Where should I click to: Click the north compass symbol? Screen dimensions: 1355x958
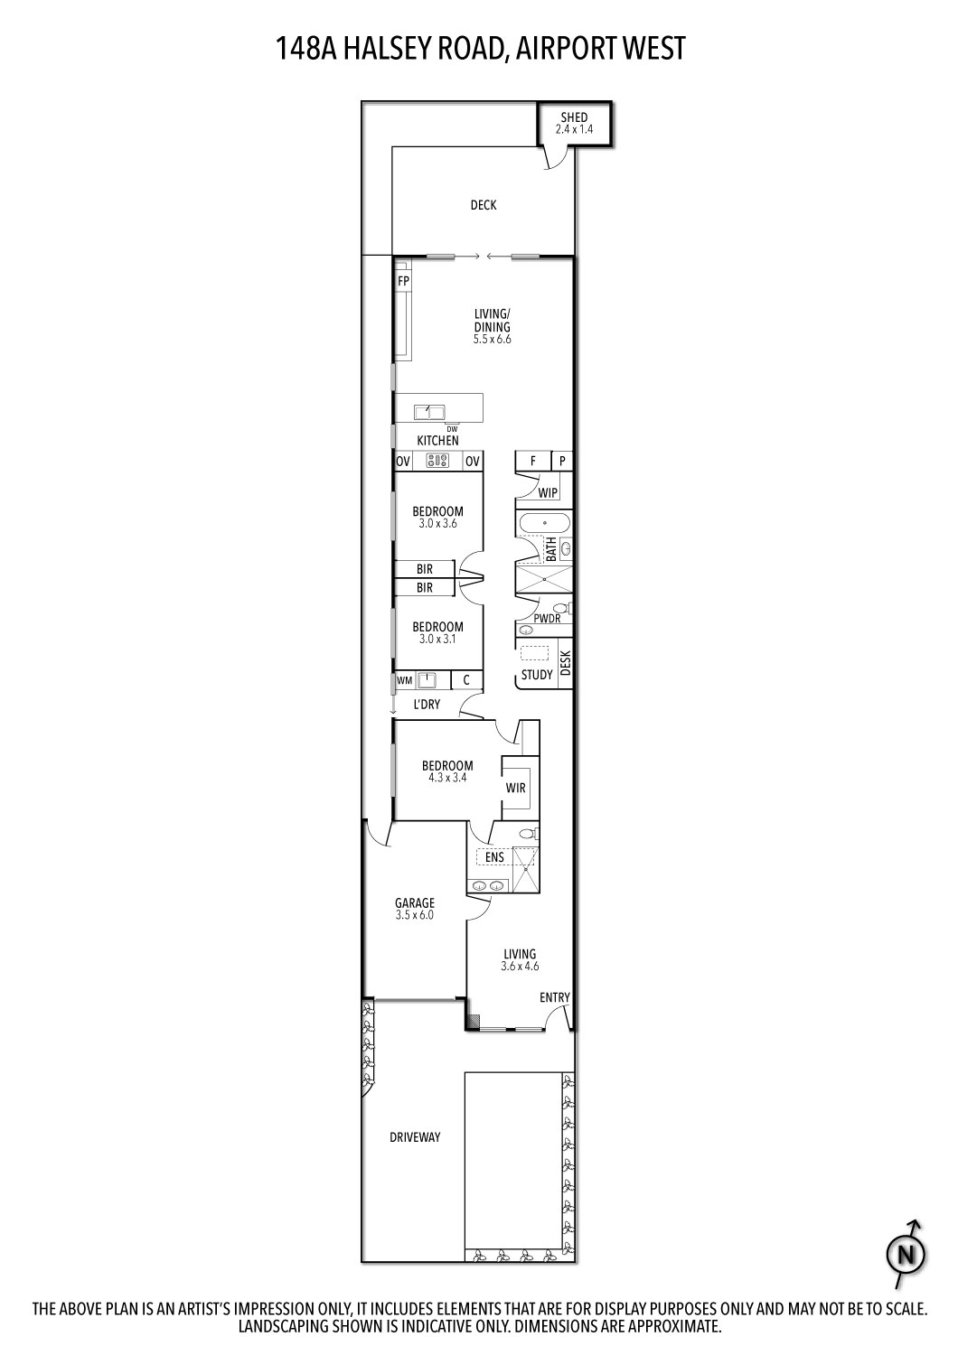(906, 1254)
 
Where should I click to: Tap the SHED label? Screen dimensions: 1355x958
(574, 117)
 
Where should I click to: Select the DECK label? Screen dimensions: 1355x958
(484, 205)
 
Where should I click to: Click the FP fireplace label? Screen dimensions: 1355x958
(403, 281)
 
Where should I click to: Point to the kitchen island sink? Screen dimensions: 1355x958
(428, 413)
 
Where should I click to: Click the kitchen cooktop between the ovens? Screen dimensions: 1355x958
(438, 462)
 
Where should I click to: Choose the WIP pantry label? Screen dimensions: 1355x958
(548, 493)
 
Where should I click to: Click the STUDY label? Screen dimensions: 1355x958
(537, 675)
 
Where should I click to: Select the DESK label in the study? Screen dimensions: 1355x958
(566, 664)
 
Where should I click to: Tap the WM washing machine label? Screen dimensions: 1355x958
(405, 679)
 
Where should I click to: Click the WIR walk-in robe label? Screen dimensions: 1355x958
(515, 788)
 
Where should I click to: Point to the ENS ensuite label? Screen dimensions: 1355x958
(494, 857)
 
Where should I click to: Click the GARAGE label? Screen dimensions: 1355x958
(415, 902)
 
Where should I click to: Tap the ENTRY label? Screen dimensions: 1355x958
(555, 997)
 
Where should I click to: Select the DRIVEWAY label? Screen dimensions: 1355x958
(415, 1137)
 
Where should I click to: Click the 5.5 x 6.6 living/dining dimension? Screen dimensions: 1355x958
(493, 340)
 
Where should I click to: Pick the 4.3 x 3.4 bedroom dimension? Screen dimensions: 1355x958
(447, 777)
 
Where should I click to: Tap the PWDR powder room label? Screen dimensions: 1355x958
(547, 619)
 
